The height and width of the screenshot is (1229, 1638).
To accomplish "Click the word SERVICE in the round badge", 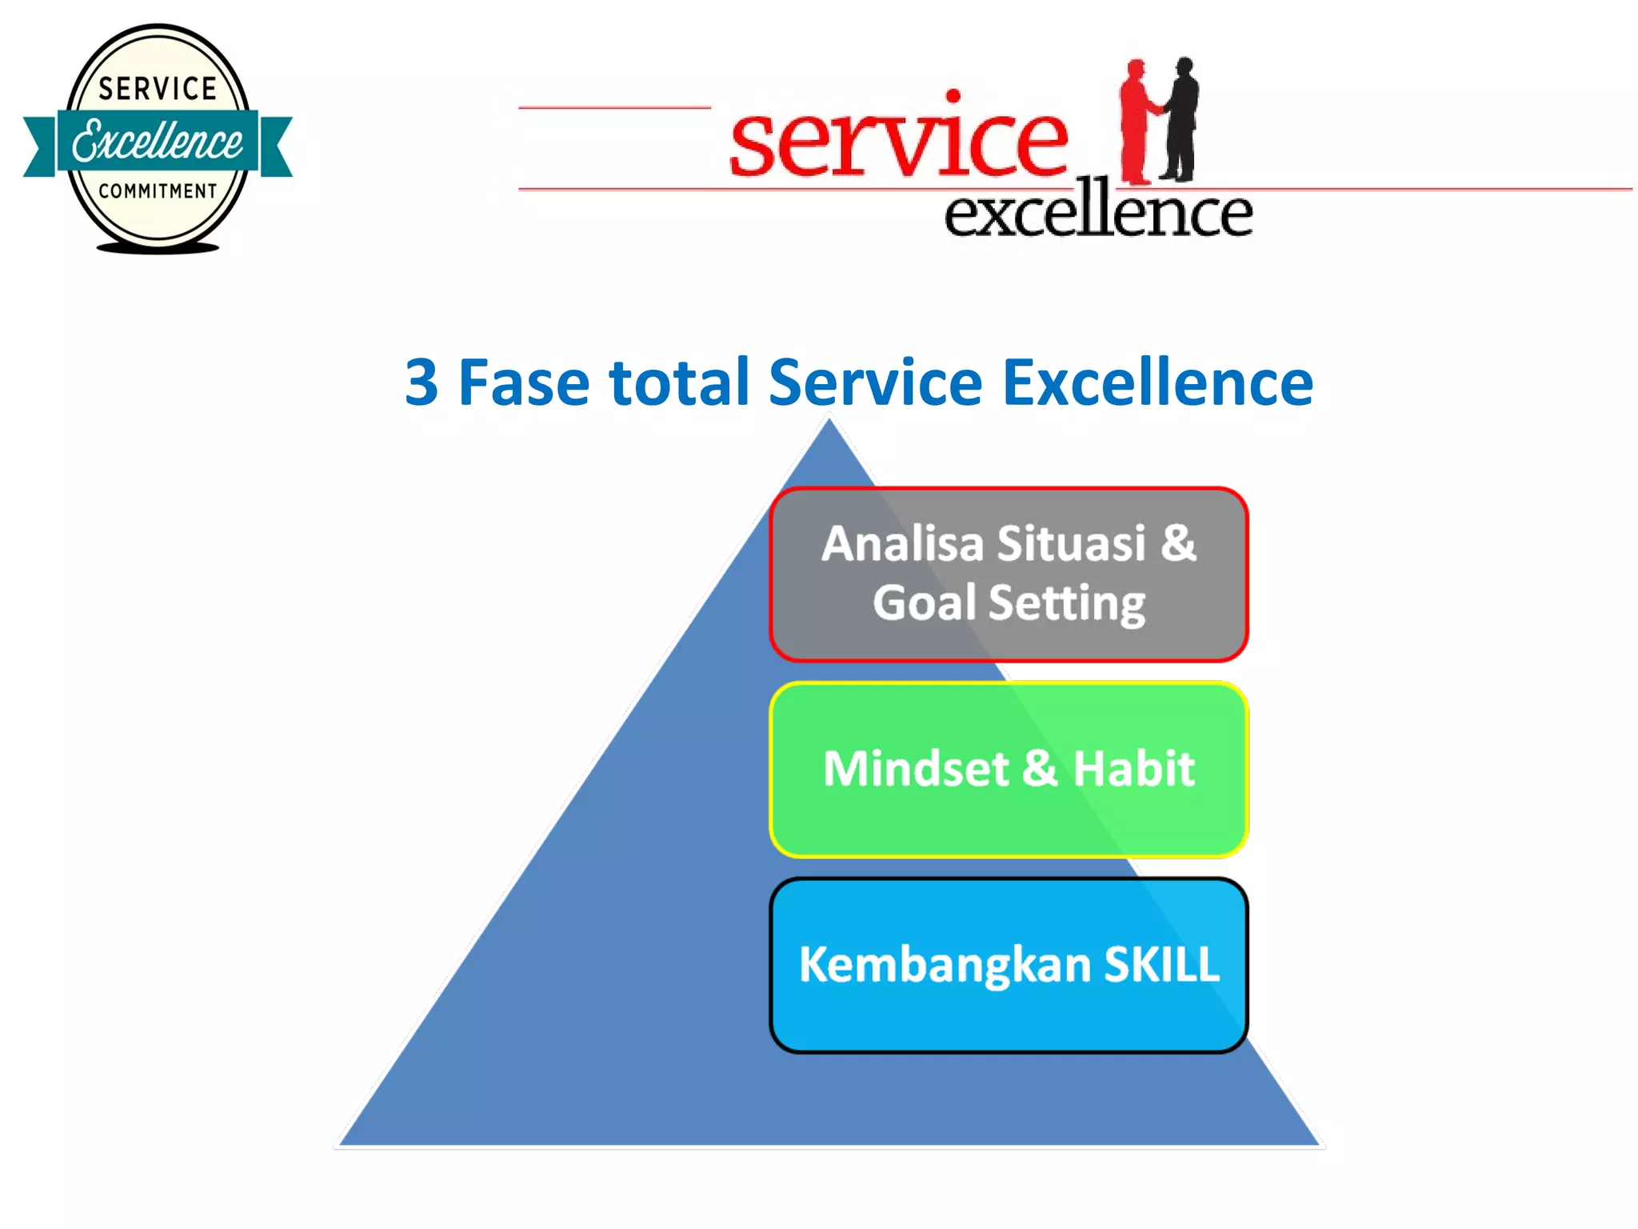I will pos(158,88).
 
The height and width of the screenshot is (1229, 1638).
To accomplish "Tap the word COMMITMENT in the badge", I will pos(158,191).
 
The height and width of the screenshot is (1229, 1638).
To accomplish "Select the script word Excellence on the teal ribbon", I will pos(158,142).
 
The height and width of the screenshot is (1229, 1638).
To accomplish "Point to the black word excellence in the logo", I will pos(1097,212).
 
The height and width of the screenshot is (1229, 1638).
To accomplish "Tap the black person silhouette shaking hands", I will pos(1181,120).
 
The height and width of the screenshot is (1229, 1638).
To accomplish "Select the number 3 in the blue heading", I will pos(421,382).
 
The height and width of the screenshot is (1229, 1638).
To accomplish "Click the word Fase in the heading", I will pos(523,382).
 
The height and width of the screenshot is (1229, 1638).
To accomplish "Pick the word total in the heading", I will pos(679,382).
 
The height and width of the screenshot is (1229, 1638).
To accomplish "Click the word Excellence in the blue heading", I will pos(1157,382).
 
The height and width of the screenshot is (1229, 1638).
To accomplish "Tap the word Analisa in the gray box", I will pos(902,544).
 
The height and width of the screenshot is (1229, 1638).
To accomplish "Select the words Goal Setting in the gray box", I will pos(1009,602).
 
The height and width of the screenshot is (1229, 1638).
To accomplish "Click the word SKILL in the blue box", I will pos(1161,964).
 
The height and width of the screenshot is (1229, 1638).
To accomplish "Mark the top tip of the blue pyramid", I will pos(829,421).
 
